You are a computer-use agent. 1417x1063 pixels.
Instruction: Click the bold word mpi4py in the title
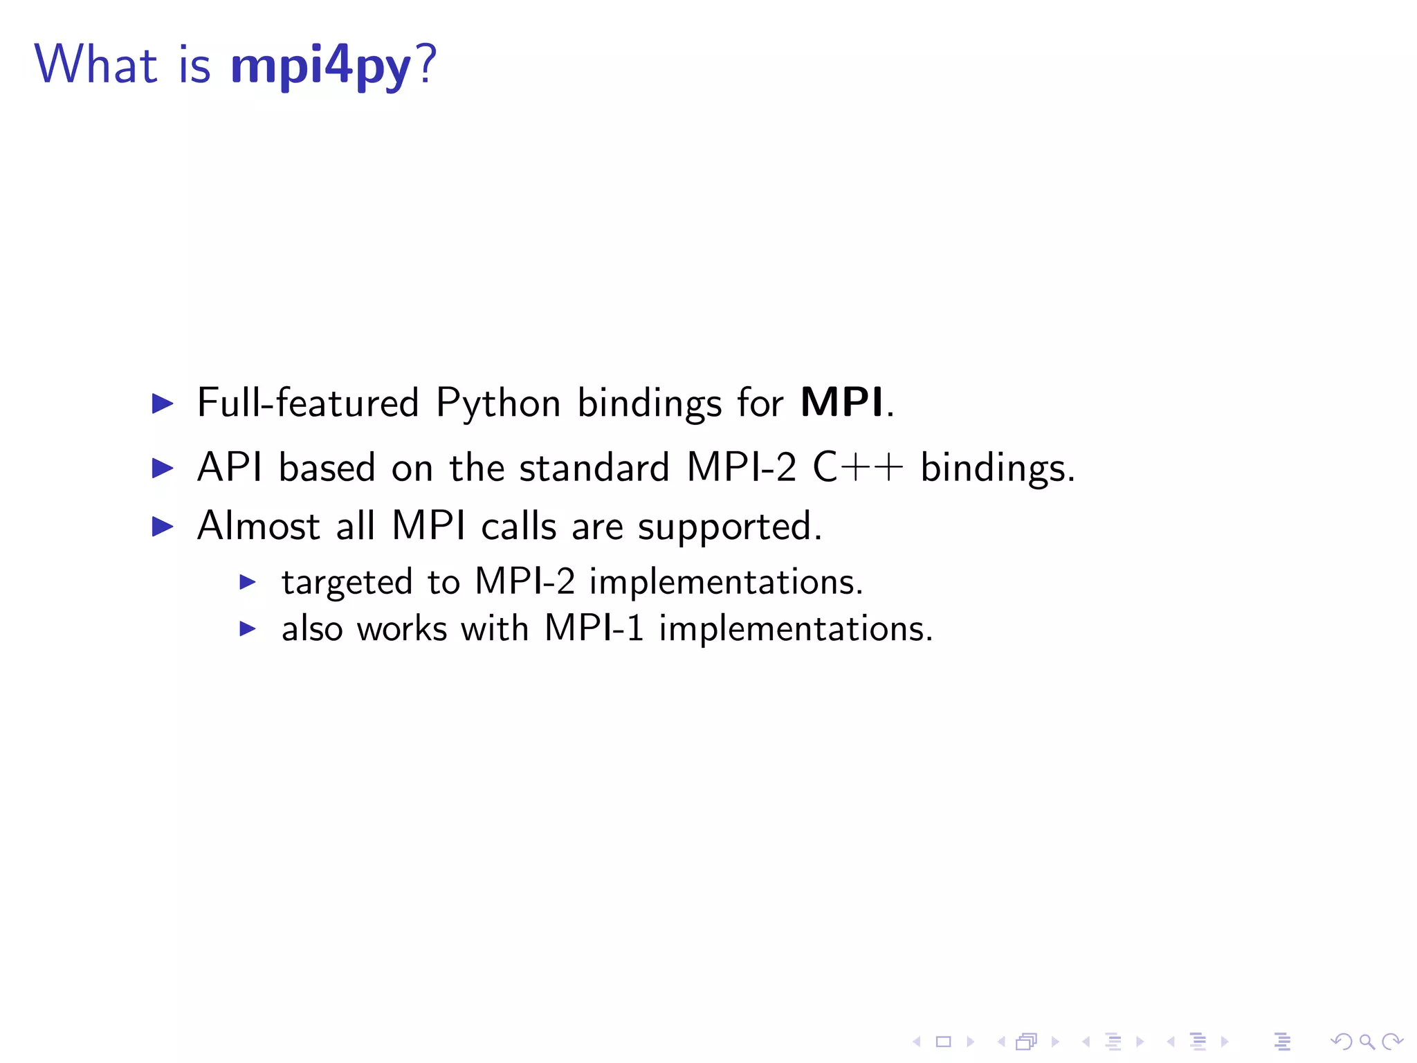320,66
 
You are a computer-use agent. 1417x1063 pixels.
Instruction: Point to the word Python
497,403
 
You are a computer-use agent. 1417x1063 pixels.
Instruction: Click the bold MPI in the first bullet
841,402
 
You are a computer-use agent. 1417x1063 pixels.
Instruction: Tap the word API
229,467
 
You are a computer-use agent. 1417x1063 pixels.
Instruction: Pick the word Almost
258,526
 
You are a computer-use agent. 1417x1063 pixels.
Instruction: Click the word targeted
347,582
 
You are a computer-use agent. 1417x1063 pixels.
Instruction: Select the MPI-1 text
594,628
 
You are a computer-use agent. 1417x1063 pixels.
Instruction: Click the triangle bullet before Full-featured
162,403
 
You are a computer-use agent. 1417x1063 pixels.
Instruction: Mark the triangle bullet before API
162,469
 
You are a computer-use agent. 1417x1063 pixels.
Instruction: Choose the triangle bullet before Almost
162,527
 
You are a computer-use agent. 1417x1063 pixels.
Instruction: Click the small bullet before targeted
247,582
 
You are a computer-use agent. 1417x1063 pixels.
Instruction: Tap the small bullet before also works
247,629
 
